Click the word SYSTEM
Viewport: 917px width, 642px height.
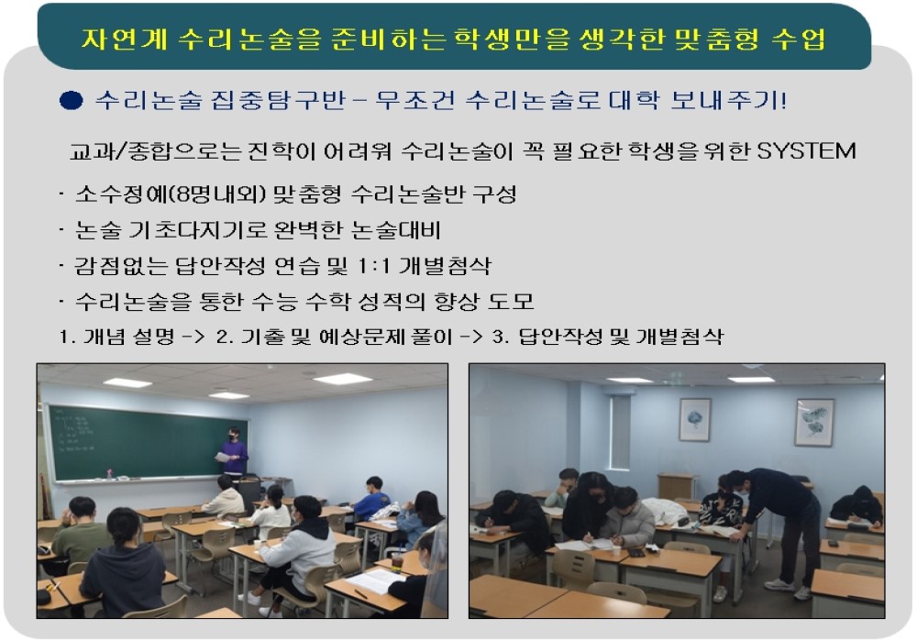click(x=806, y=150)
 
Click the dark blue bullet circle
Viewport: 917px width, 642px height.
click(x=72, y=101)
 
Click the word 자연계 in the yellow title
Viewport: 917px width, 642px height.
click(x=124, y=39)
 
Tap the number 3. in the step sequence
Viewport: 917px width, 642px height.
click(x=501, y=337)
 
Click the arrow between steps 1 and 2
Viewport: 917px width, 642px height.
click(x=193, y=337)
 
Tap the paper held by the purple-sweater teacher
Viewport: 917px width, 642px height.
click(x=222, y=457)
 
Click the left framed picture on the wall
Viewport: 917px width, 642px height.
click(x=695, y=420)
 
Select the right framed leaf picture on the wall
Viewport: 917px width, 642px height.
click(x=815, y=422)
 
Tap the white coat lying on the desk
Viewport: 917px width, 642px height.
click(x=666, y=512)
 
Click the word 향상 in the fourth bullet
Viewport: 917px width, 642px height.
click(x=455, y=301)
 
